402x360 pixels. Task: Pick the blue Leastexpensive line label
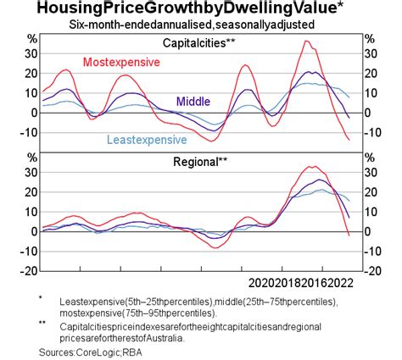click(149, 140)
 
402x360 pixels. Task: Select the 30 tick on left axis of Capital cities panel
click(32, 53)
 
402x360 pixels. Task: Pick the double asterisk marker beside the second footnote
click(42, 323)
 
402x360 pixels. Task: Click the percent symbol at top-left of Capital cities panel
click(33, 39)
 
